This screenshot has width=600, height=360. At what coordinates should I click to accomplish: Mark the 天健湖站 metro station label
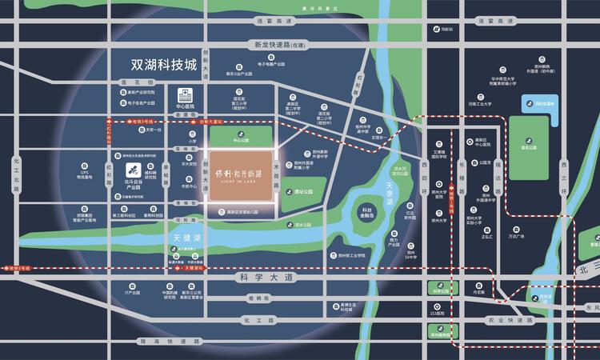pyautogui.click(x=195, y=268)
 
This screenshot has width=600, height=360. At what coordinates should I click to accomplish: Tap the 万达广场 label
pyautogui.click(x=515, y=237)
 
